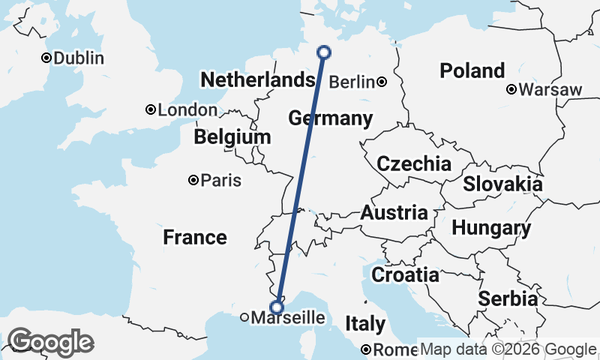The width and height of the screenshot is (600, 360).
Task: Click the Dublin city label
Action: (77, 58)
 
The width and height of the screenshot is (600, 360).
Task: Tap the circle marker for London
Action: (151, 110)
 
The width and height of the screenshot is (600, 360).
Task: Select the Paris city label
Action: (220, 180)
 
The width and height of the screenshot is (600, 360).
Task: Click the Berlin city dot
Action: (382, 82)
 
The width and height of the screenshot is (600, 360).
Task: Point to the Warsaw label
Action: (550, 90)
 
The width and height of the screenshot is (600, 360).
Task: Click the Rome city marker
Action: (366, 349)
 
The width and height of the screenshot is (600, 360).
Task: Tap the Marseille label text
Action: (289, 318)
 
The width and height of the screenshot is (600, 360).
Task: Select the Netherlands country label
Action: (256, 80)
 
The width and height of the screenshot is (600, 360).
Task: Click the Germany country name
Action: (330, 118)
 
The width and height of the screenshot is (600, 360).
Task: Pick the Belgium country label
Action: (232, 137)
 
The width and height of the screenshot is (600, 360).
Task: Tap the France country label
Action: (195, 238)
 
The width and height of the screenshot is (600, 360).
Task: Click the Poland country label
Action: (472, 71)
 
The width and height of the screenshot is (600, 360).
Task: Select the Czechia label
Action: (414, 164)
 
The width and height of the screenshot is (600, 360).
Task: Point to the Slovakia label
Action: (502, 184)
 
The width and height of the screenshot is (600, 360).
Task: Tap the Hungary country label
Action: (492, 228)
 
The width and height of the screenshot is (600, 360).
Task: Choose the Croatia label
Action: (405, 274)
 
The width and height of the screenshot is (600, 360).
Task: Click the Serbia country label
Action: (508, 298)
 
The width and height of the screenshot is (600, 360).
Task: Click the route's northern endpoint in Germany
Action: (324, 52)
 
